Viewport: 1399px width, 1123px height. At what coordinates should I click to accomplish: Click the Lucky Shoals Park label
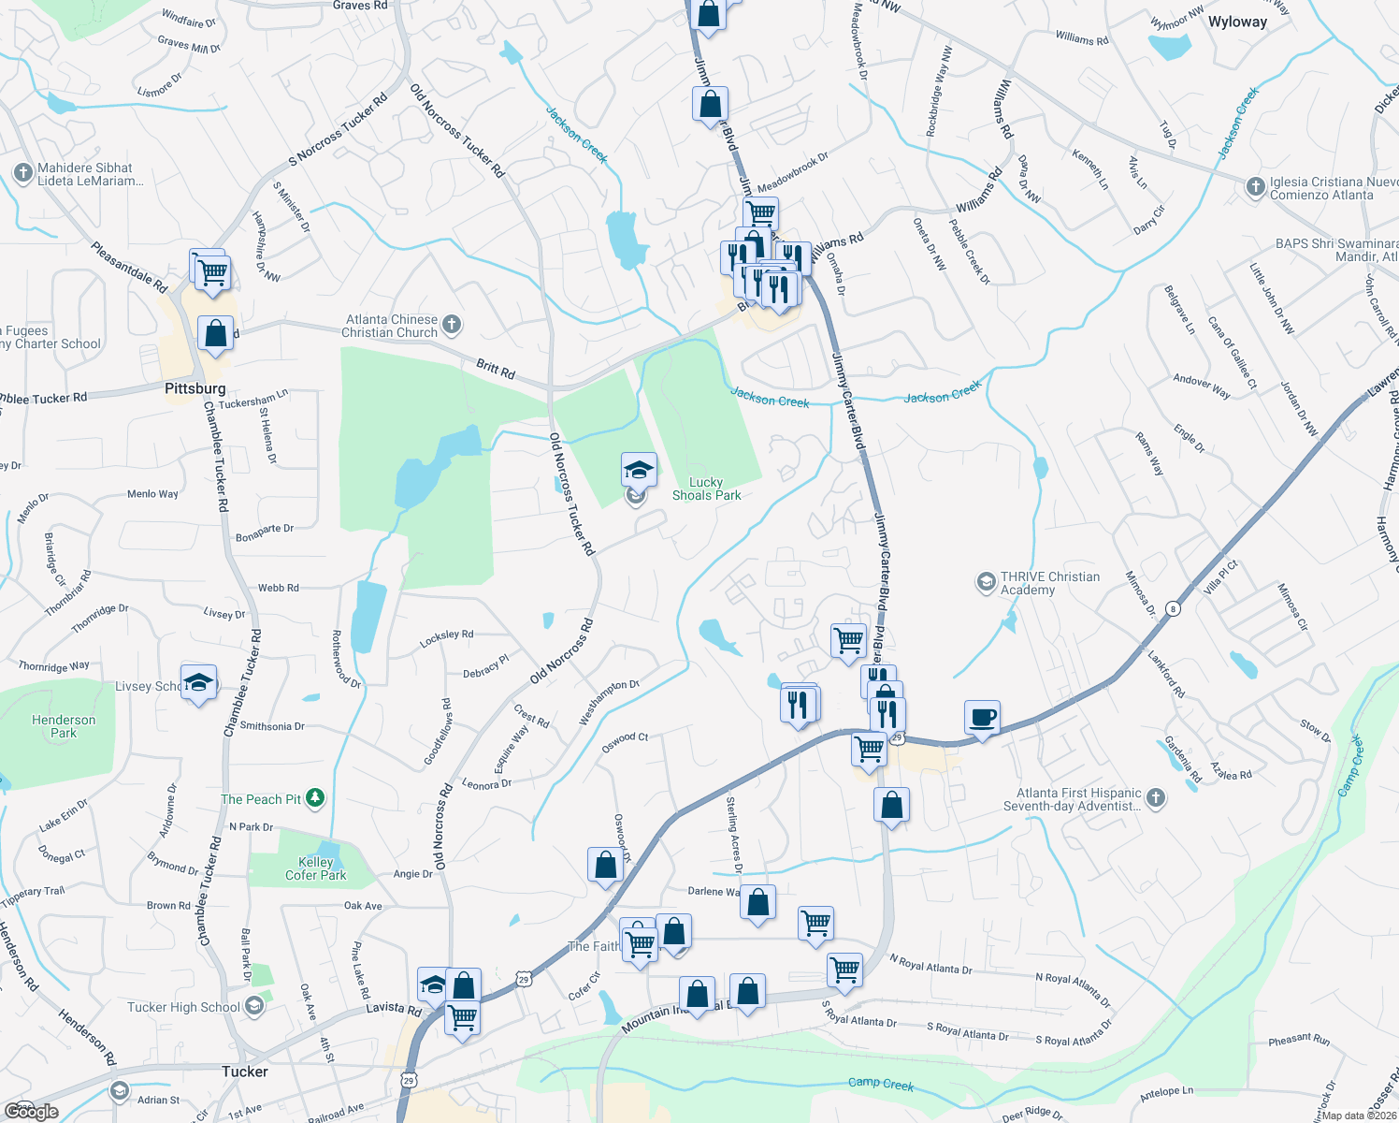pyautogui.click(x=706, y=489)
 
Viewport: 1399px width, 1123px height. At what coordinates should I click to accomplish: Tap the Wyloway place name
pyautogui.click(x=1237, y=22)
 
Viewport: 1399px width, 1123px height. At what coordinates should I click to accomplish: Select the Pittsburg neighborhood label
pyautogui.click(x=195, y=388)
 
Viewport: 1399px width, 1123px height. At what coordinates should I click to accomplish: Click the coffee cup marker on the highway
pyautogui.click(x=982, y=718)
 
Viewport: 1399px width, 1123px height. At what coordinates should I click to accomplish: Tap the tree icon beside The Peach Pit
pyautogui.click(x=316, y=797)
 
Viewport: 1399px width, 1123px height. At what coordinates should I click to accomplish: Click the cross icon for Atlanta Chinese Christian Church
pyautogui.click(x=452, y=325)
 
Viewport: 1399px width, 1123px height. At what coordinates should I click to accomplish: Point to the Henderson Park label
pyautogui.click(x=64, y=726)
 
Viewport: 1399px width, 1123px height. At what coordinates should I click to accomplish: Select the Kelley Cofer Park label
pyautogui.click(x=315, y=868)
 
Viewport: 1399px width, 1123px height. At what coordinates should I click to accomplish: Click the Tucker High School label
pyautogui.click(x=184, y=1007)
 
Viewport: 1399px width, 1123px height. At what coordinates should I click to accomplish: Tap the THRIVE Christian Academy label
pyautogui.click(x=1049, y=583)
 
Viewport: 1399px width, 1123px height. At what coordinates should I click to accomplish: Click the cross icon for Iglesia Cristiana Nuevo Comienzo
pyautogui.click(x=1256, y=186)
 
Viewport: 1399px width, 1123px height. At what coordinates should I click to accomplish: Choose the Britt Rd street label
pyautogui.click(x=496, y=369)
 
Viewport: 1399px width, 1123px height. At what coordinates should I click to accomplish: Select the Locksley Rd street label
pyautogui.click(x=446, y=634)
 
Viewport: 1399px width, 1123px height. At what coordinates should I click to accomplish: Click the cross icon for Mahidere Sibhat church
pyautogui.click(x=22, y=172)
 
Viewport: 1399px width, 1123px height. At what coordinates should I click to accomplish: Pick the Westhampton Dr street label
pyautogui.click(x=608, y=702)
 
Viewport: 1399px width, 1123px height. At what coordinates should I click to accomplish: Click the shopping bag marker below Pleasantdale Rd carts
pyautogui.click(x=215, y=334)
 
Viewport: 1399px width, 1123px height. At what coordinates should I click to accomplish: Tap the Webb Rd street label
pyautogui.click(x=278, y=588)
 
